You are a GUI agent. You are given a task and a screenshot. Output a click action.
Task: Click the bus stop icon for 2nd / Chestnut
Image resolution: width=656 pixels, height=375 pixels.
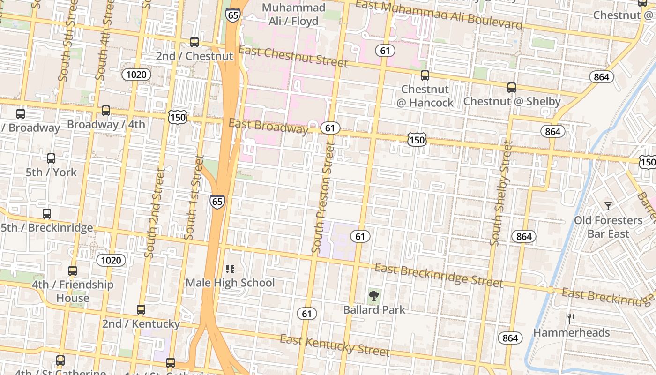point(194,42)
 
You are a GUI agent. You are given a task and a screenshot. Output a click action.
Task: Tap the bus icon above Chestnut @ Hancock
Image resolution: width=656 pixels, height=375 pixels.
point(425,75)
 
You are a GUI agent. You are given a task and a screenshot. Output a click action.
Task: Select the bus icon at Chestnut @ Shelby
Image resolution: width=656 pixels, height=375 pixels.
point(511,88)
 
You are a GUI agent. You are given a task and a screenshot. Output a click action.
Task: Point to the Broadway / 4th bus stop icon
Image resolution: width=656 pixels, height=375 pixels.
point(106,111)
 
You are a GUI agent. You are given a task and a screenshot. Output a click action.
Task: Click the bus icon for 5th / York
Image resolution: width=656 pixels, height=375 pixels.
point(51,158)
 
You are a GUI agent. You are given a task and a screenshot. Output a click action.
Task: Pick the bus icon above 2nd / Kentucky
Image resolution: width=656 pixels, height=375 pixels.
point(141,310)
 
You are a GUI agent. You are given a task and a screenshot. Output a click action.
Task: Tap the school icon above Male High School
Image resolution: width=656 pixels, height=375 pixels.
point(230,269)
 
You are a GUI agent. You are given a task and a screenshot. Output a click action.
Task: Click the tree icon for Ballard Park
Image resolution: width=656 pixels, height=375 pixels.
point(373,296)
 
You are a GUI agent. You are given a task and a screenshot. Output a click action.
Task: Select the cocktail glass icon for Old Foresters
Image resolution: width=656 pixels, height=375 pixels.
point(608,206)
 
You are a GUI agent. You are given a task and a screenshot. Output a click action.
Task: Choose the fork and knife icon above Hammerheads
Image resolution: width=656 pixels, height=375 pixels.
point(571,319)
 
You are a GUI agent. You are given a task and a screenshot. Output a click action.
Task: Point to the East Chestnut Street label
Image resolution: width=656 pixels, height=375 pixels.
point(293,56)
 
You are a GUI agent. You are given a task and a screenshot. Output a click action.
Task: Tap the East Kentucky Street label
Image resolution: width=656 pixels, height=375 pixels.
point(335,345)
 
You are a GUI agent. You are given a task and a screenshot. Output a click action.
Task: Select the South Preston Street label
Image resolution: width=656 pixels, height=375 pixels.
point(324,198)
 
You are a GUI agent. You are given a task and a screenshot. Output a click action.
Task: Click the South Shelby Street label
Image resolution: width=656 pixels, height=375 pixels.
point(500,193)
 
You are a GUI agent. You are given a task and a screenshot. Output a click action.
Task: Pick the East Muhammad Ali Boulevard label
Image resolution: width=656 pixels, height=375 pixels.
point(439,14)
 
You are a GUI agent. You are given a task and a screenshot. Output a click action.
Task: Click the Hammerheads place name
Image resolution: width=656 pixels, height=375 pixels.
point(571,333)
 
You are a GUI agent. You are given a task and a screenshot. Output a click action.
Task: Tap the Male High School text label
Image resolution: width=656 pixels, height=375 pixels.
point(230,283)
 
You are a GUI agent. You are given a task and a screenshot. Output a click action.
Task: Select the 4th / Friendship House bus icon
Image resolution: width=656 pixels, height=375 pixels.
point(72,271)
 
